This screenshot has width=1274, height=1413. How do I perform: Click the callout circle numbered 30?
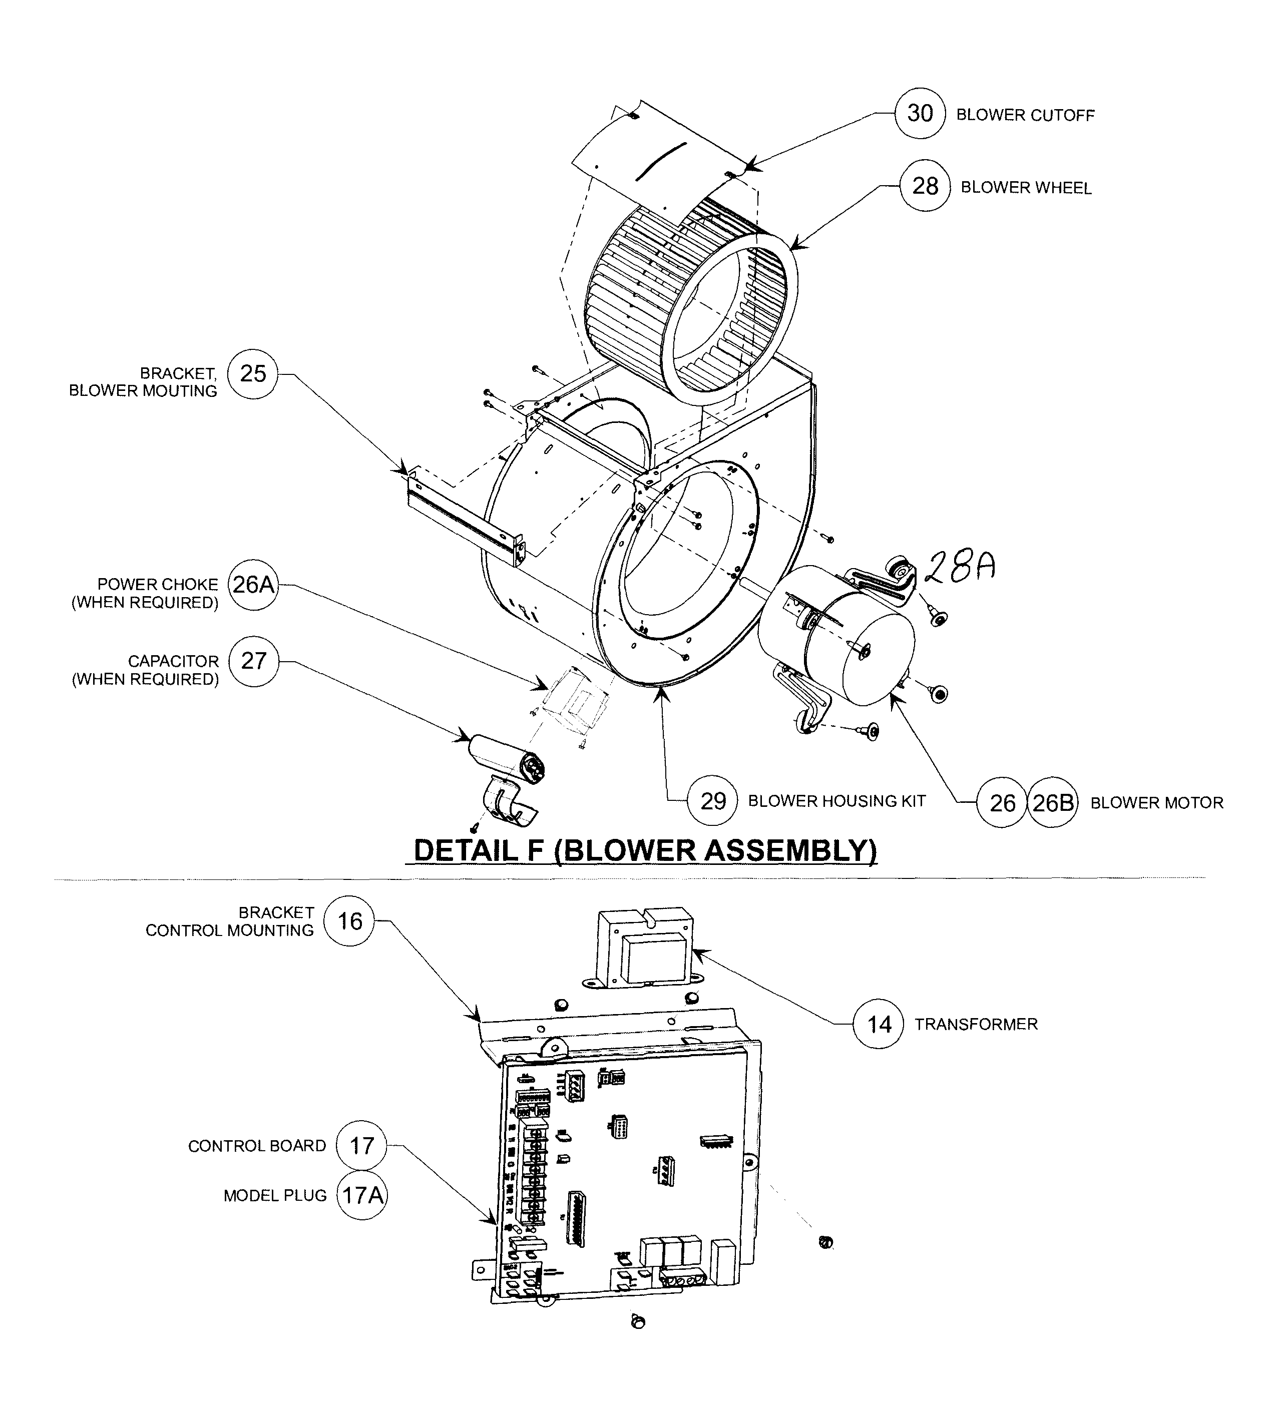point(920,114)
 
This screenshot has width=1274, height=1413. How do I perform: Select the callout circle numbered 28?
point(925,186)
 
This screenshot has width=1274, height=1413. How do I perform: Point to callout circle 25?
point(253,374)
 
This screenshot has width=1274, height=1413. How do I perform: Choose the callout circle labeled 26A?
point(253,585)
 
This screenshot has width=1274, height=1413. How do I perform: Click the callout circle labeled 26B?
point(1052,803)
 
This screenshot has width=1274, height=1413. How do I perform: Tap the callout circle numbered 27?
point(253,661)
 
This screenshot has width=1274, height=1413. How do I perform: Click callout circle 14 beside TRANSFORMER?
point(879,1025)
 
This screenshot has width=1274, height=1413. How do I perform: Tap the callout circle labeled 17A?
point(362,1195)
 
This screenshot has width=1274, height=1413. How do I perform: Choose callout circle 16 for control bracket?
point(350,921)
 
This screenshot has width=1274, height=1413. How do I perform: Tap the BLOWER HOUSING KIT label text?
point(836,801)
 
